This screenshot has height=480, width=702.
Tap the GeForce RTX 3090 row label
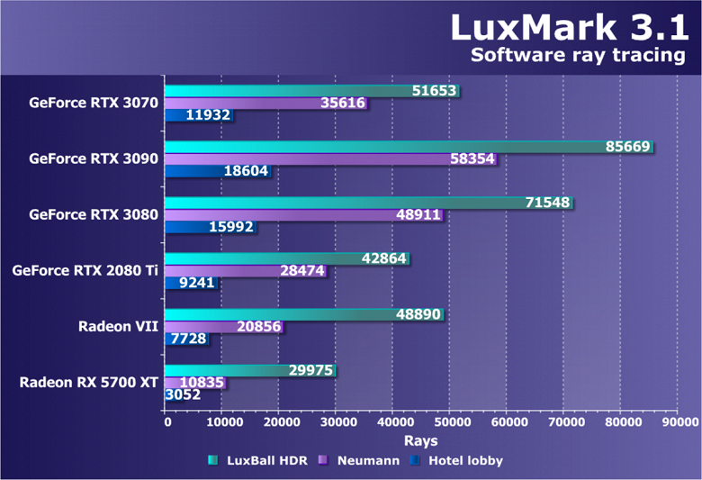[x=94, y=158]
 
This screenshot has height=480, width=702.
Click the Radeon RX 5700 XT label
[x=89, y=382]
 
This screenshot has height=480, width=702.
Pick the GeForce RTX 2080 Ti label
[x=85, y=270]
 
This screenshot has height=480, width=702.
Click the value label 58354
[x=472, y=158]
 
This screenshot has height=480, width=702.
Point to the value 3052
[x=183, y=394]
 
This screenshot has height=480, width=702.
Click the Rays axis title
[x=420, y=440]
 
